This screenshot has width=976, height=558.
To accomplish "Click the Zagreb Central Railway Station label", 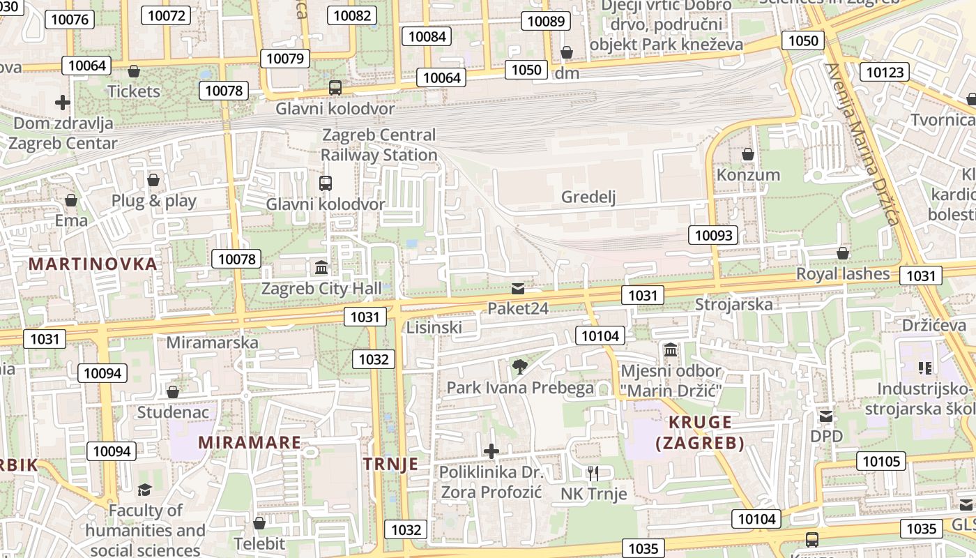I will coord(379,145).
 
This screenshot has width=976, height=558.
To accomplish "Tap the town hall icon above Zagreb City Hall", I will coord(321,267).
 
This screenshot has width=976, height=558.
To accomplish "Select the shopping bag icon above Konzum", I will coord(748,153).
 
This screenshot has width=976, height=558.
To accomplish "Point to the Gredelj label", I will coord(589,197).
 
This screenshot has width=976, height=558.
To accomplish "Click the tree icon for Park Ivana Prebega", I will coord(519,366).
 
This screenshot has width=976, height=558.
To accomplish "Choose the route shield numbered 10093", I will coord(714,235).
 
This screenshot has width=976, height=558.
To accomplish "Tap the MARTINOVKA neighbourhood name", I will coord(93,264).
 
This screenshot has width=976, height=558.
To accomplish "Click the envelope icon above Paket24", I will coord(517,288).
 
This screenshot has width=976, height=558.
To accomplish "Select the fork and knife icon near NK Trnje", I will coord(593,474).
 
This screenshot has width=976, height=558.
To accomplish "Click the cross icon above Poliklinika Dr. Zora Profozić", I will coord(491,451).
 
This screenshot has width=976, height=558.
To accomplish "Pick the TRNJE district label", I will coord(391,465).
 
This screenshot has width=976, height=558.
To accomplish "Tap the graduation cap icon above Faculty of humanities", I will coord(144,490).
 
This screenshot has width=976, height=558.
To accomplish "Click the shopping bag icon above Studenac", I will coord(173,392).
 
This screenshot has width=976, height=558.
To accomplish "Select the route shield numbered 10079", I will coord(284,59).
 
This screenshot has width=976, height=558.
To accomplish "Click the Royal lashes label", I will coord(843,273).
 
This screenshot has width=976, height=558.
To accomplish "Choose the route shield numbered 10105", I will coord(882,461).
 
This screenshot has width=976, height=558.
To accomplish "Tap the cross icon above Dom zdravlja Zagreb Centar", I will coord(63,103).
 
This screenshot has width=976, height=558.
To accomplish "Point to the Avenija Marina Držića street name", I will coord(862,144).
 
